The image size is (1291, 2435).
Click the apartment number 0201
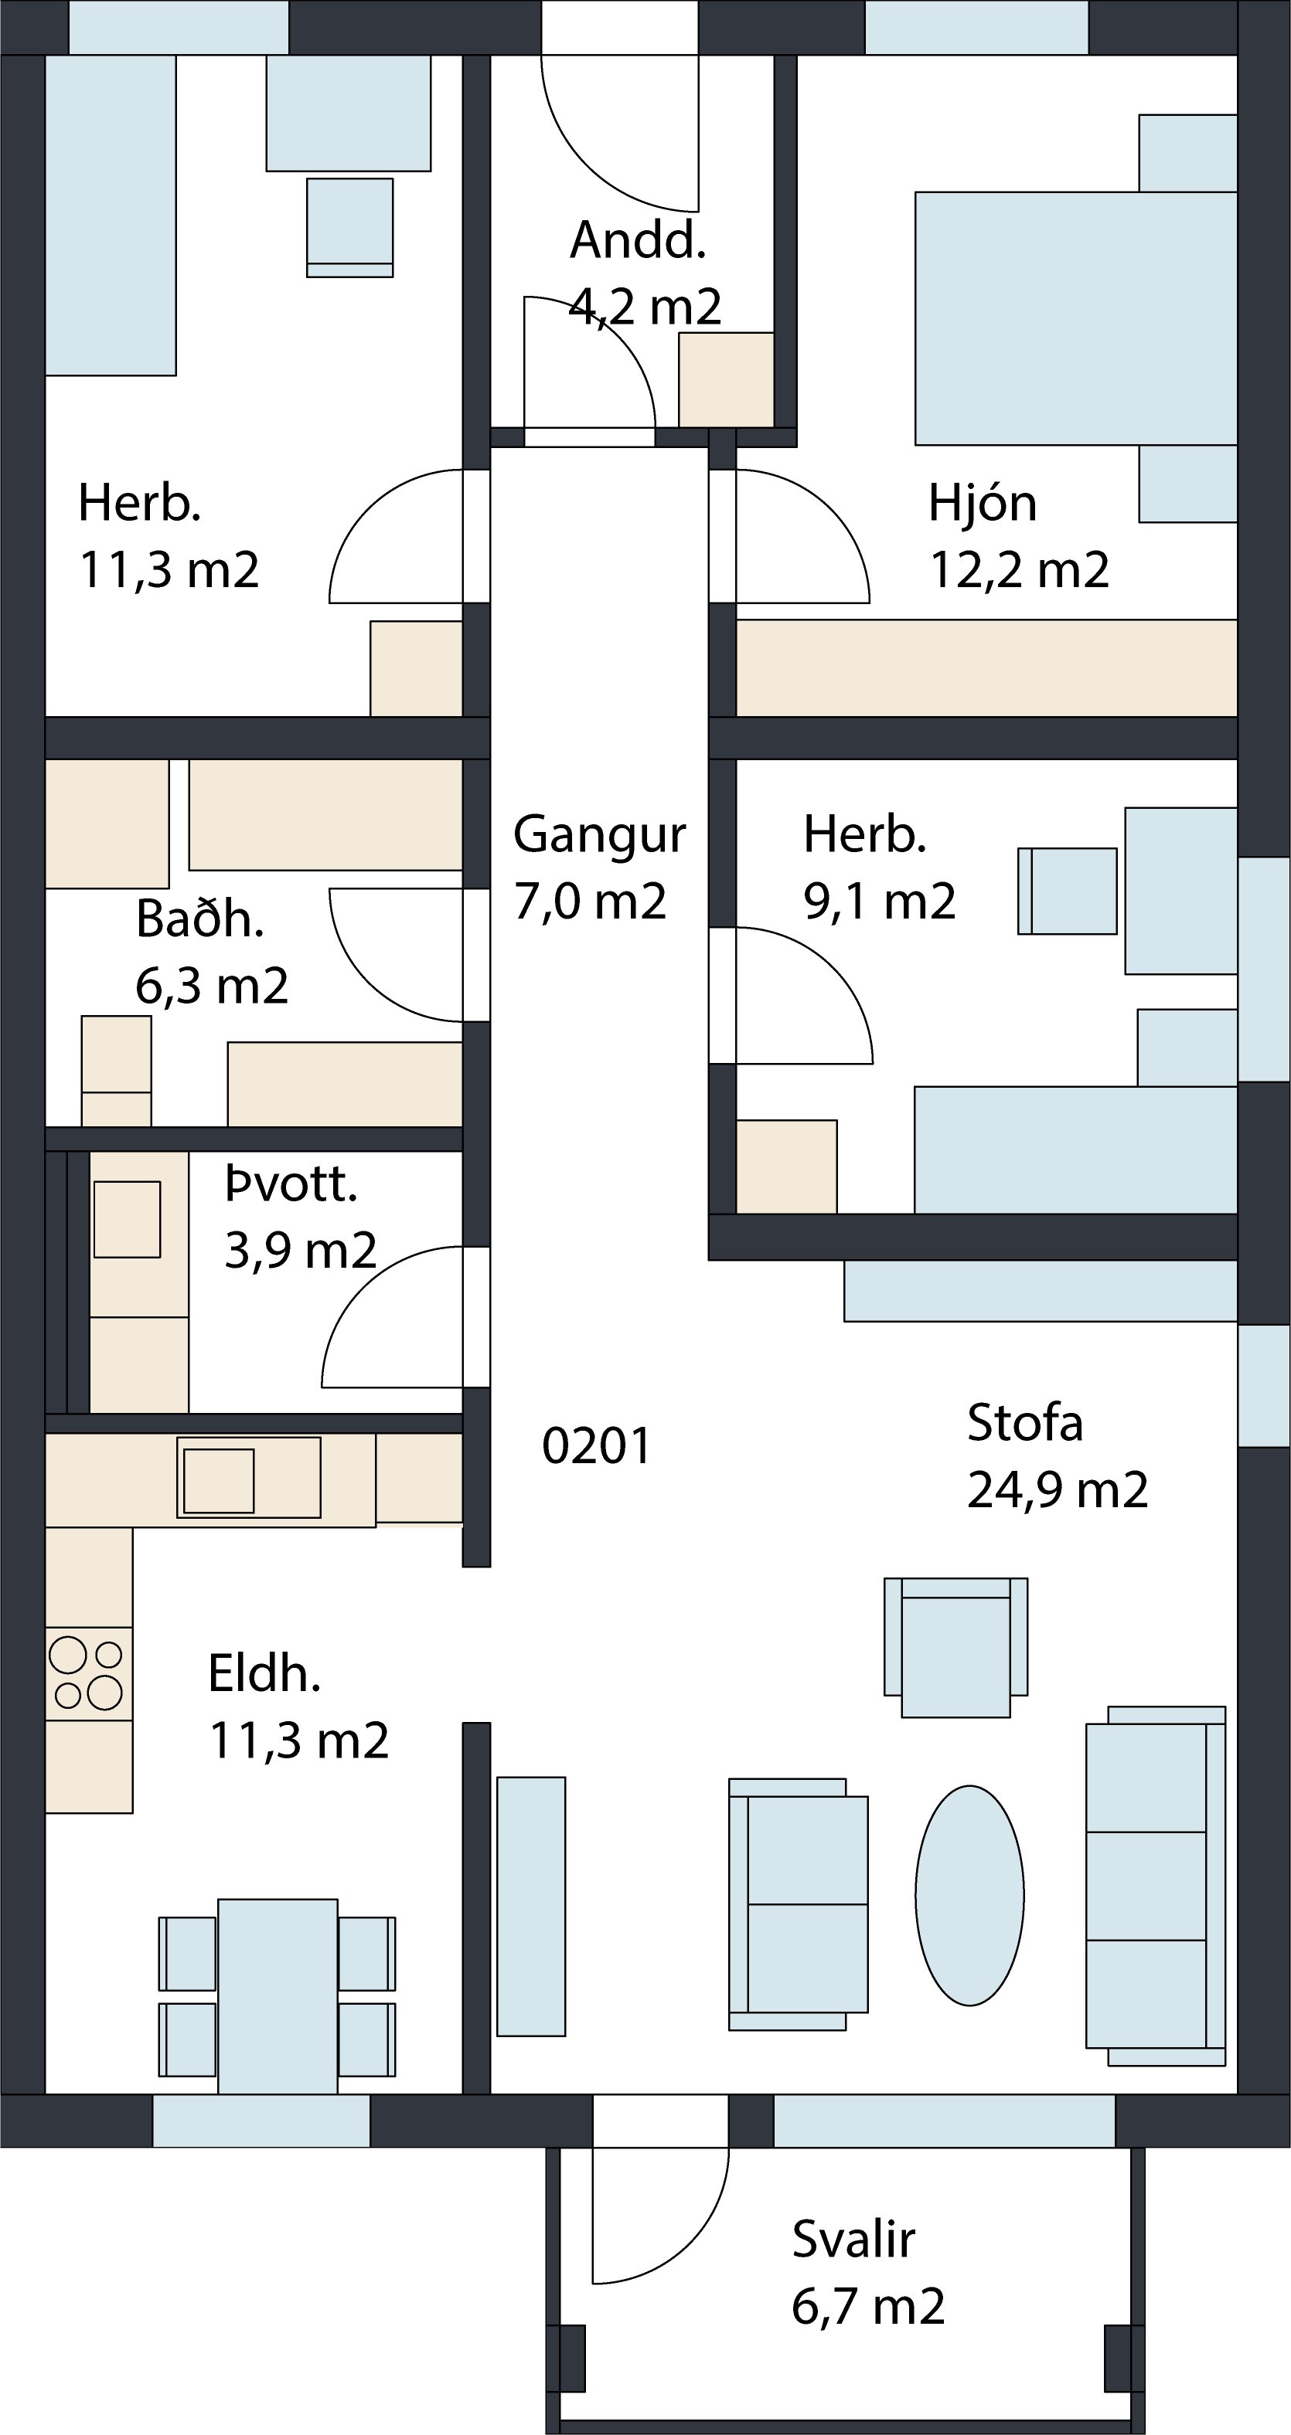597,1446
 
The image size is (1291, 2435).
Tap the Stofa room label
1024,1423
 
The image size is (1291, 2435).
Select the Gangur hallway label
600,836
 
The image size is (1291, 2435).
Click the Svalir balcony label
853,2240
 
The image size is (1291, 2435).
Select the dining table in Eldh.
277,1995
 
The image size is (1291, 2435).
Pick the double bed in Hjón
1075,318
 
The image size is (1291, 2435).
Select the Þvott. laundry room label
291,1185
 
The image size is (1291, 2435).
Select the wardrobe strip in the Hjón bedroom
986,668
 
